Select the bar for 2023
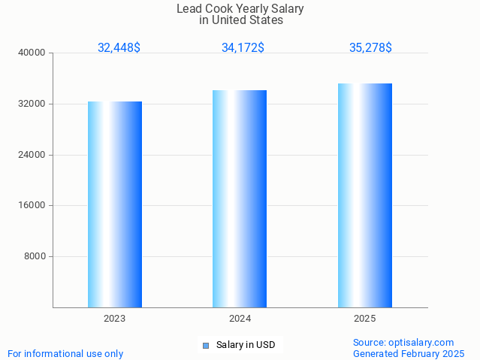pos(115,204)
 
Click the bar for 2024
pos(240,198)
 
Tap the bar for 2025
pos(365,195)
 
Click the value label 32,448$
pos(119,47)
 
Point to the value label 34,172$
pos(243,47)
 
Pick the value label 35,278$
pos(370,47)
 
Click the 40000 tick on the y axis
pos(32,53)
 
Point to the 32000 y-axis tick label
pos(32,104)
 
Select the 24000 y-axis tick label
pos(32,155)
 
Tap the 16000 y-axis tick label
pos(32,205)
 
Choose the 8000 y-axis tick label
pos(35,256)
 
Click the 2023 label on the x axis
pos(115,319)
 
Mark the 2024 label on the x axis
pos(240,319)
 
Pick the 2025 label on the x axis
pos(365,319)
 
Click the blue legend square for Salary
pos(205,346)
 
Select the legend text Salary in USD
pos(246,346)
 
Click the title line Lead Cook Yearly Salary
pos(240,9)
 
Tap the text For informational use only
pos(65,354)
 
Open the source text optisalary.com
pos(403,343)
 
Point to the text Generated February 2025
pos(409,354)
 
